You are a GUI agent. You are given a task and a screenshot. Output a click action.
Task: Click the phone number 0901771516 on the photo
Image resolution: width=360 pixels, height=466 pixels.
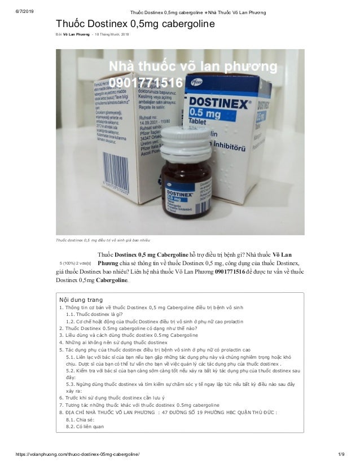pyautogui.click(x=146, y=83)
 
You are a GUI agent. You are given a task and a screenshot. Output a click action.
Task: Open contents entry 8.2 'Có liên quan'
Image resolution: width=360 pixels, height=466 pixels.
pyautogui.click(x=85, y=427)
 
